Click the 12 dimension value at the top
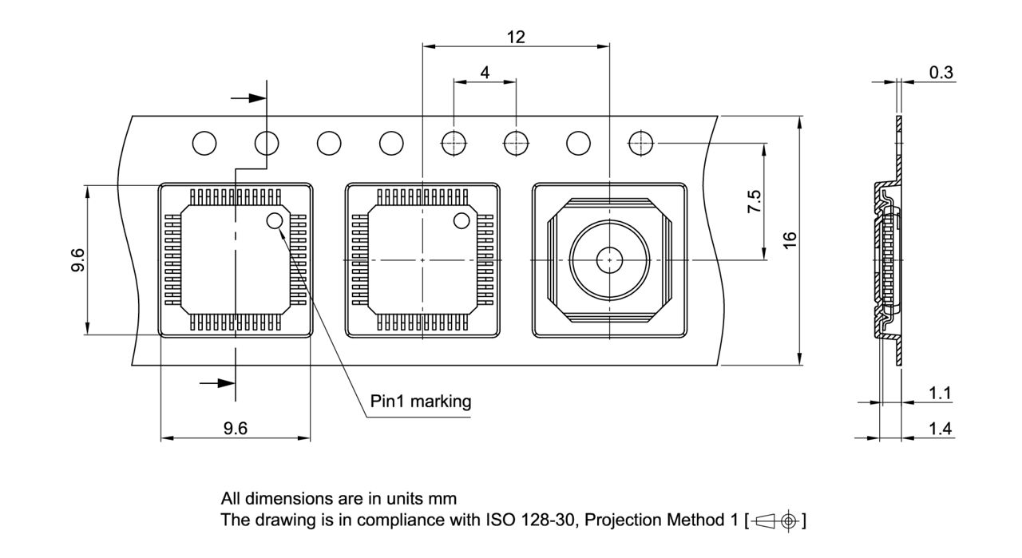coord(515,36)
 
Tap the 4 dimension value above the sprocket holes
coord(485,72)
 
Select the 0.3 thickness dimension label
coord(941,73)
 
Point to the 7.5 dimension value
coord(753,201)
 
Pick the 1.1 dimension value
coord(941,393)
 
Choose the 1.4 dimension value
coord(941,429)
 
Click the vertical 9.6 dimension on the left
coord(77,260)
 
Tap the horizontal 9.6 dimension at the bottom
coord(235,429)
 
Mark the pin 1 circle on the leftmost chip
coord(275,221)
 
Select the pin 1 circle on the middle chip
coord(461,220)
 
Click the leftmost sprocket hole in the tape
coord(204,144)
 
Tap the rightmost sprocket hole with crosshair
coord(640,144)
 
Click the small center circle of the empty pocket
coord(609,259)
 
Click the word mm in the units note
coord(445,499)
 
